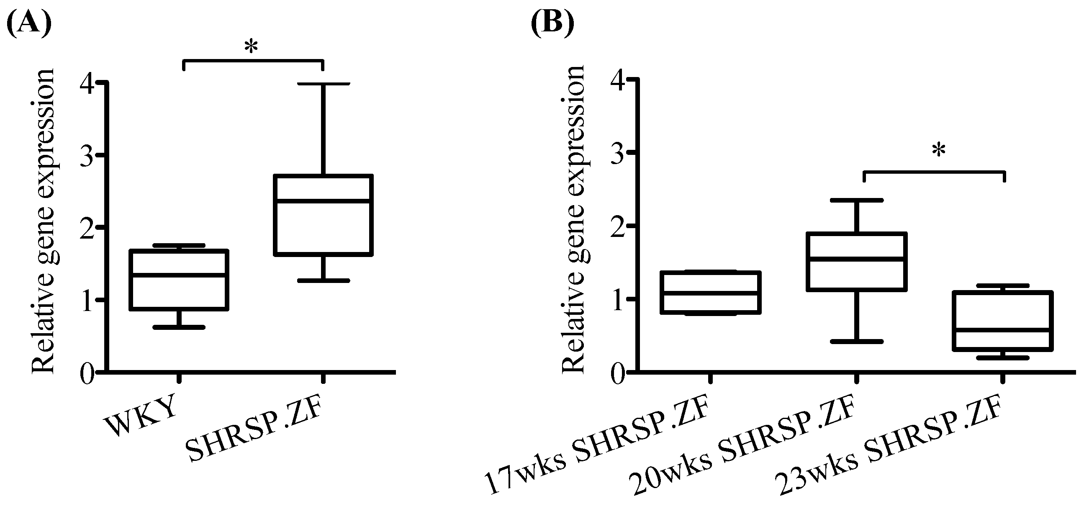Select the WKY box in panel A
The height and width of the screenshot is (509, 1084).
pyautogui.click(x=179, y=280)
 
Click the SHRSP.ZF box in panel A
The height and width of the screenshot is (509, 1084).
pyautogui.click(x=323, y=215)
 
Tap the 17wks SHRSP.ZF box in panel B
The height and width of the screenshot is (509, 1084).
pyautogui.click(x=710, y=293)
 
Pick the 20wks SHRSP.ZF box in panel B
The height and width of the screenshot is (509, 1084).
pyautogui.click(x=856, y=262)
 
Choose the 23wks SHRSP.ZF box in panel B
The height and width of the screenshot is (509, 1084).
pyautogui.click(x=1002, y=321)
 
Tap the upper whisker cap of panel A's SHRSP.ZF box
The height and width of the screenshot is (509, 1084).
pyautogui.click(x=323, y=84)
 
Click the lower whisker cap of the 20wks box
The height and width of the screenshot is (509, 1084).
pyautogui.click(x=856, y=342)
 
